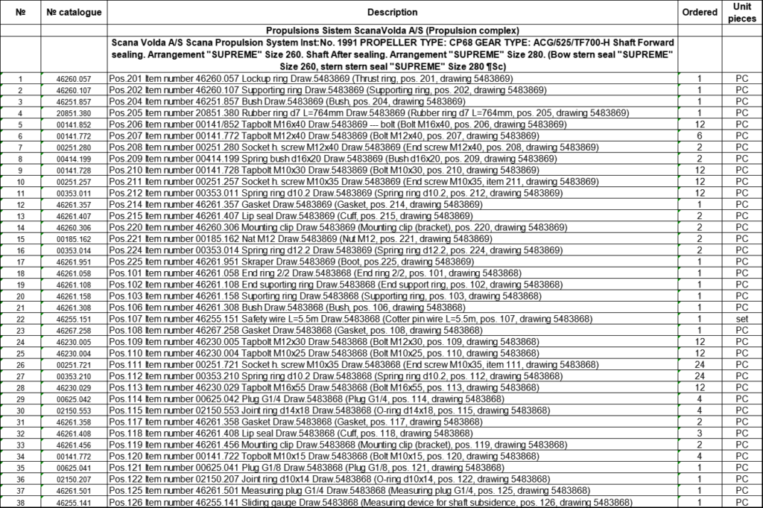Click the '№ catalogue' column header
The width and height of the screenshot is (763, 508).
[74, 13]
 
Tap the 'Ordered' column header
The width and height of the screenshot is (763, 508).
[700, 13]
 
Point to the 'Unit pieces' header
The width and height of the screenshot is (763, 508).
[741, 13]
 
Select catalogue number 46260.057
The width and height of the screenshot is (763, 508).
[74, 79]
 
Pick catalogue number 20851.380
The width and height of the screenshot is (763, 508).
[74, 113]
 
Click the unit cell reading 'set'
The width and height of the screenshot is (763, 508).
[741, 320]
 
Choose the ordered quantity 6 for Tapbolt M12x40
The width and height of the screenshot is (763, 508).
[700, 136]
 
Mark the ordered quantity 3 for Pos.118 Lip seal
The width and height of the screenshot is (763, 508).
[700, 434]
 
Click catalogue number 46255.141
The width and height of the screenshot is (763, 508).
[74, 503]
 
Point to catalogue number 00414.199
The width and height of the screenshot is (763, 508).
[74, 159]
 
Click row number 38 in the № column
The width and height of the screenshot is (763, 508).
[21, 503]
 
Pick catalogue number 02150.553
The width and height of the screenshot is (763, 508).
[74, 411]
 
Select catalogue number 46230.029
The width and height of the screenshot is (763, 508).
[74, 388]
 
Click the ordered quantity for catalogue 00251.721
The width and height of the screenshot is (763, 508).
[700, 365]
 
